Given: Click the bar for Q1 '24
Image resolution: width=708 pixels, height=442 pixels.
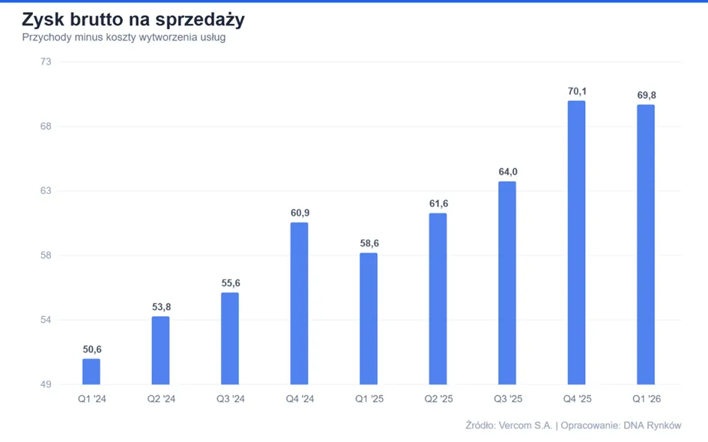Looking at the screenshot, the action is point(91,372).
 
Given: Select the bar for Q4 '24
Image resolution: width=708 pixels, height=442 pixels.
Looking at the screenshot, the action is point(300,303).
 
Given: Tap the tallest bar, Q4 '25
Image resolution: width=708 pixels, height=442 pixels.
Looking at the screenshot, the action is point(577,243).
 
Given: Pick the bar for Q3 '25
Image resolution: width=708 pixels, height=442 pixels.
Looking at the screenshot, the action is point(507,283).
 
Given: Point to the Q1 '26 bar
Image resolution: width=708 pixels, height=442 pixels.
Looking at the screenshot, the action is point(646,245).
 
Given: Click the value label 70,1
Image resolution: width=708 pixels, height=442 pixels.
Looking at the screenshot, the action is point(577,91).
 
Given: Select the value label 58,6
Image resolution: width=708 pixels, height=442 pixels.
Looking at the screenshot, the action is point(369,243).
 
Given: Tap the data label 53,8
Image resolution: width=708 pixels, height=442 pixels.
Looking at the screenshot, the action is point(161,307).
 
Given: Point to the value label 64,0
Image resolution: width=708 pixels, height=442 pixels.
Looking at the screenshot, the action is point(508,172).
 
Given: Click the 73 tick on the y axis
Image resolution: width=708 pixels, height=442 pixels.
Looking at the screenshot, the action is point(46,61).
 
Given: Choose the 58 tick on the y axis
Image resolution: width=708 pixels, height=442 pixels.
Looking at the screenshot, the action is point(46,255).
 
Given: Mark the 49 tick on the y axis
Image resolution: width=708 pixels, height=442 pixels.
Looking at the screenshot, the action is point(46,384).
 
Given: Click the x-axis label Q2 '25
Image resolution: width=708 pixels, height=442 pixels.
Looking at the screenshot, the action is point(438,399).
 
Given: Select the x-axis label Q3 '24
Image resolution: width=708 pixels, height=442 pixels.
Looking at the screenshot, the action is point(230,399).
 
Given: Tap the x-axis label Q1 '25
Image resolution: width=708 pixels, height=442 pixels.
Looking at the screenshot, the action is point(369,399).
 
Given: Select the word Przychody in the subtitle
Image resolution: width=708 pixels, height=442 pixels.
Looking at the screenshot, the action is point(47,37).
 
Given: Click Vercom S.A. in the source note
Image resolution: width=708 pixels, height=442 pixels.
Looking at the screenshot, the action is point(526,426).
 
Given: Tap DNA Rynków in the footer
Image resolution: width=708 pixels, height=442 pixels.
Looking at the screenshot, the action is point(653,426).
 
